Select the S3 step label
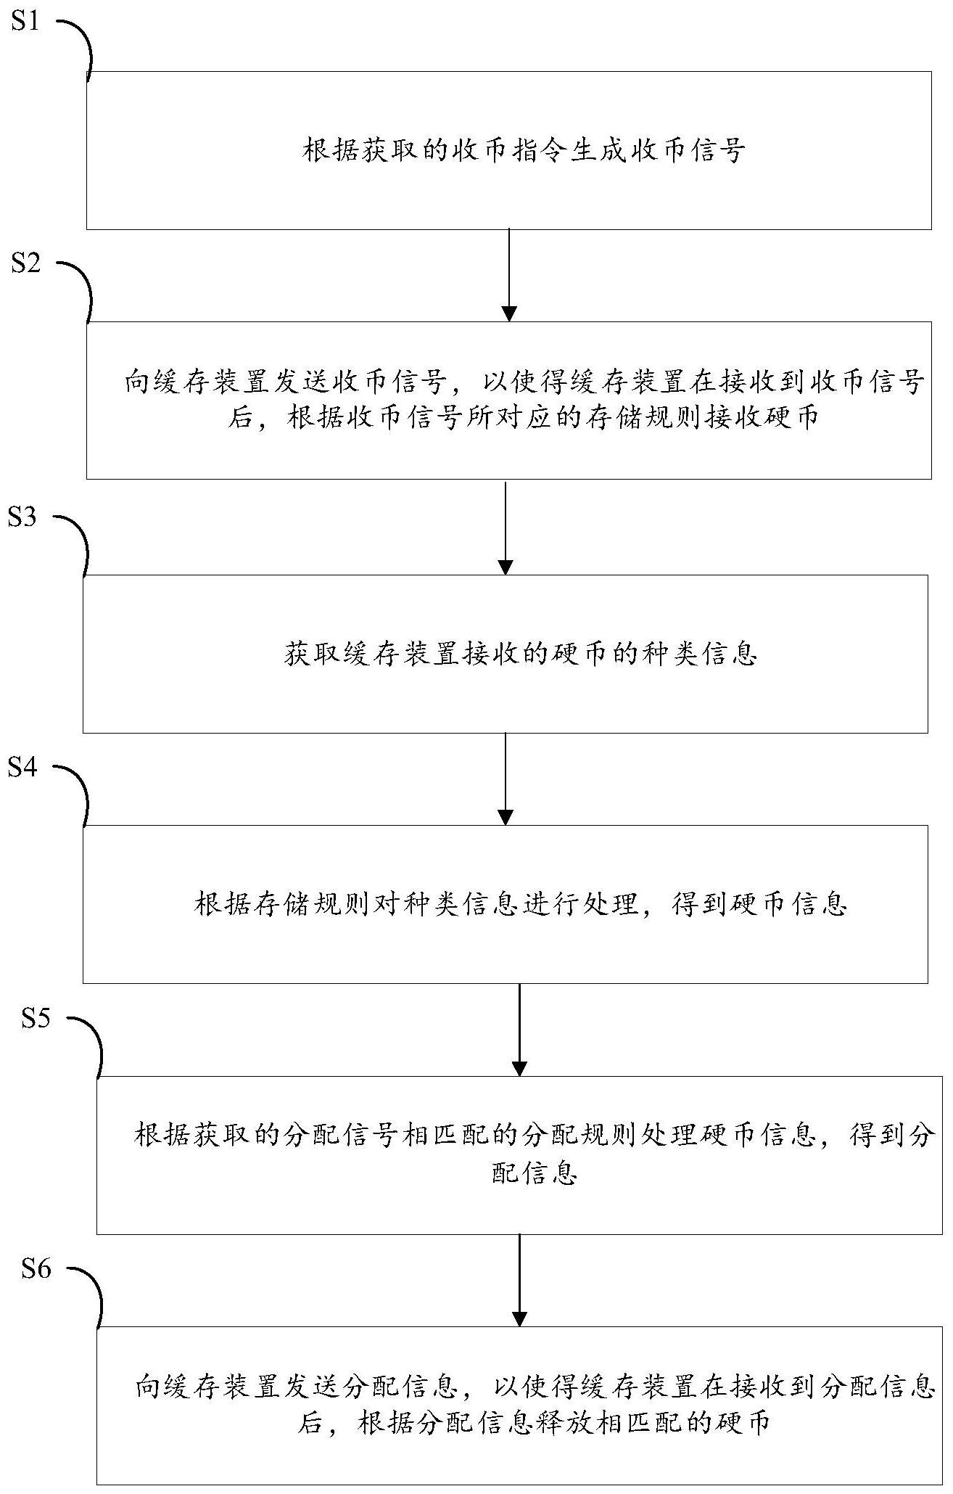tap(22, 518)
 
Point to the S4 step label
tap(22, 767)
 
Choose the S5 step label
tap(36, 1019)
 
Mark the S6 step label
tap(36, 1269)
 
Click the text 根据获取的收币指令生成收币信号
tap(524, 151)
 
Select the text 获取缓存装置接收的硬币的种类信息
tap(520, 654)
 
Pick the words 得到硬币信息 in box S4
tap(759, 905)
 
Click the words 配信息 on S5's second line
tap(534, 1174)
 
